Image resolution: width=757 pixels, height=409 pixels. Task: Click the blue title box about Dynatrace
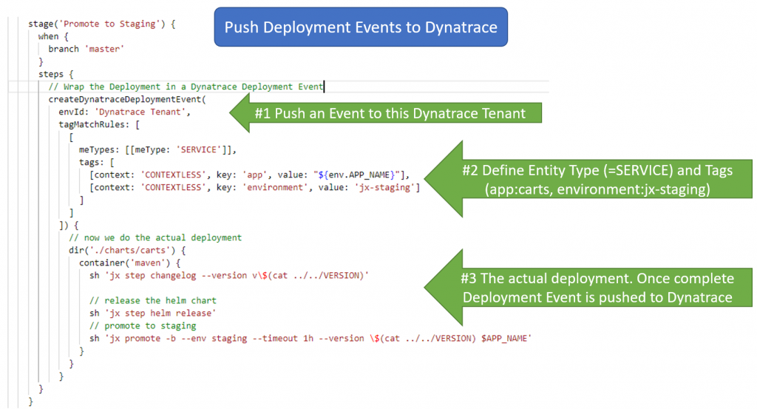pos(361,29)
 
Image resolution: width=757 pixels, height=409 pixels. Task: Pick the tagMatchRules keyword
pos(91,124)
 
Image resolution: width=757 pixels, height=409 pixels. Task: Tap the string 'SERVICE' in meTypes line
pos(201,150)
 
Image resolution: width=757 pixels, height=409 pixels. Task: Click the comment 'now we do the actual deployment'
pos(155,237)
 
